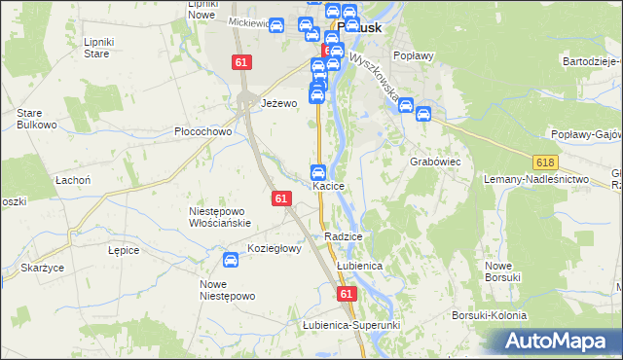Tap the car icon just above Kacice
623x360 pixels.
pos(317,171)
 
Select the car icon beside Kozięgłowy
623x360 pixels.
pos(231,260)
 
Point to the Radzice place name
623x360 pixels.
pos(345,236)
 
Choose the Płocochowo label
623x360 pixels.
pos(202,132)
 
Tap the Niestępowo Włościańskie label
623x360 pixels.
pos(220,216)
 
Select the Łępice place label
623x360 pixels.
pos(124,250)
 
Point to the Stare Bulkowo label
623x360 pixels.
pos(34,119)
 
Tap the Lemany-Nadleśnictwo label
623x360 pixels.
pos(537,180)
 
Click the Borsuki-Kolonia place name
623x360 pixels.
pos(489,316)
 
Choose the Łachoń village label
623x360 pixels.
pos(73,180)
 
